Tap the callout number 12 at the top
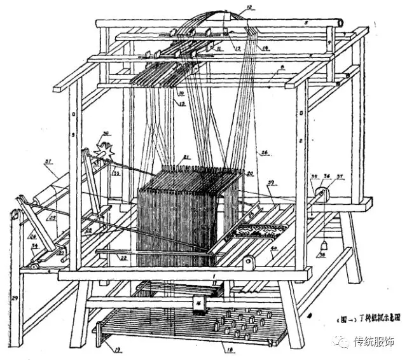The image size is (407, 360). click(x=248, y=8)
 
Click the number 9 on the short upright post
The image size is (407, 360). click(x=329, y=43)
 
